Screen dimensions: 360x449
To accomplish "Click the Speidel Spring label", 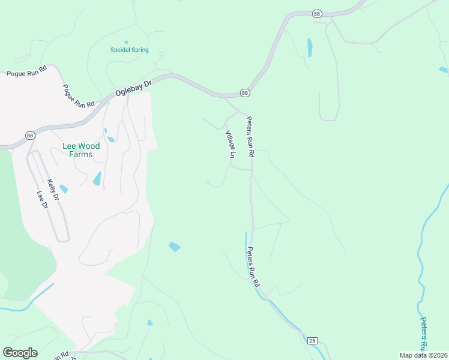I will (130, 50).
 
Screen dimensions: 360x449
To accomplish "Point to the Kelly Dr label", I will (53, 189).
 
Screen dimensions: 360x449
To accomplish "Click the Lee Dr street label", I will (42, 200).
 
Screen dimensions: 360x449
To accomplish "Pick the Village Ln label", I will (230, 144).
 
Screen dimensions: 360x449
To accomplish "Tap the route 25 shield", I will (312, 341).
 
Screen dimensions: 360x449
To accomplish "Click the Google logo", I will (20, 352).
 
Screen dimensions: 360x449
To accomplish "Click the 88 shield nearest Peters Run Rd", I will (245, 92).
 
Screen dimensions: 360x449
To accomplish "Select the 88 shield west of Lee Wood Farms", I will (29, 136).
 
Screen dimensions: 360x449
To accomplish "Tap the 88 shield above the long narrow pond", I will (317, 13).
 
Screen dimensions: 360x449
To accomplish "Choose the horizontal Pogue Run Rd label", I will (26, 74).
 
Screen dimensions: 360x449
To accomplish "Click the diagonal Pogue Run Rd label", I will (79, 96).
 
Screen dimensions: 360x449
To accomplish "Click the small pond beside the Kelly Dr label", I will (64, 189).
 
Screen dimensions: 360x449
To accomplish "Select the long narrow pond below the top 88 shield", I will (310, 47).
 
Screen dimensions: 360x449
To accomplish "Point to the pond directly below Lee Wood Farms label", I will (97, 178).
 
